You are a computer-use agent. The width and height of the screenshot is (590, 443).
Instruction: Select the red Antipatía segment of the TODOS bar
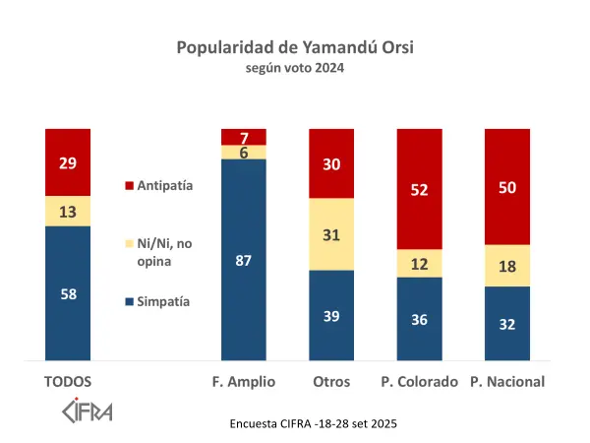[x=68, y=162]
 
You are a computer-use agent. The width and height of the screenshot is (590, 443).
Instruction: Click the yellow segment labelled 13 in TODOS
[x=68, y=211]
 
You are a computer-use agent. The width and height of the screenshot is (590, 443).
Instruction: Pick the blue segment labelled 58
[x=68, y=293]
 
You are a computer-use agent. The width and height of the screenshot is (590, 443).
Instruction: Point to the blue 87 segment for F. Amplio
[x=244, y=260]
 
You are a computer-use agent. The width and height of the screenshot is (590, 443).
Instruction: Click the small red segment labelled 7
[x=244, y=137]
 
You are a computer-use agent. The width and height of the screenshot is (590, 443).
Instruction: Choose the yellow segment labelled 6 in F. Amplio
[x=244, y=152]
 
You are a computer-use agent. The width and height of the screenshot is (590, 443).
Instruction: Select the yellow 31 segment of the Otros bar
[x=331, y=233]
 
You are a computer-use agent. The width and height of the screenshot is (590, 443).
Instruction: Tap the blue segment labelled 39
[x=331, y=315]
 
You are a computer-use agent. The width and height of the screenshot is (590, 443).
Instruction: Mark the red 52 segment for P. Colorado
[x=420, y=189]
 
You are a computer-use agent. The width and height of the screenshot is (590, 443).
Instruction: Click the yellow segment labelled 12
[x=420, y=263]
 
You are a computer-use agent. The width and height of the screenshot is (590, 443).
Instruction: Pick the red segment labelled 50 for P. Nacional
[x=507, y=186]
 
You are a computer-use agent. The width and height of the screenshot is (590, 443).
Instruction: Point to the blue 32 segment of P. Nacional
[x=507, y=324]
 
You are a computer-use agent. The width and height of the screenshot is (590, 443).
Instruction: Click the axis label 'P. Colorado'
[x=420, y=382]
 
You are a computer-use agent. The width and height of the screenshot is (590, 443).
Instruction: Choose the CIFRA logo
[x=87, y=409]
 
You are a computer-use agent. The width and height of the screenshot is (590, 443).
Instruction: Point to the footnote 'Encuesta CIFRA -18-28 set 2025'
[x=312, y=423]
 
